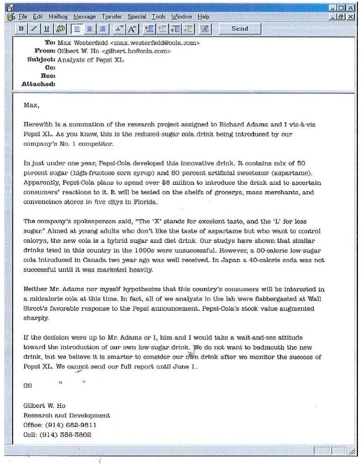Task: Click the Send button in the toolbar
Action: coord(240,29)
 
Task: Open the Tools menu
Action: coord(159,17)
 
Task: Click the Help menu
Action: coord(203,17)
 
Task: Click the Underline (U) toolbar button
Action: coord(47,29)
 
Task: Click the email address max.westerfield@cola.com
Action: coord(155,43)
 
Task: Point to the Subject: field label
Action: coord(41,59)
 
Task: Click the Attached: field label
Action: coord(38,84)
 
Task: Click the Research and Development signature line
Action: coord(67,415)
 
